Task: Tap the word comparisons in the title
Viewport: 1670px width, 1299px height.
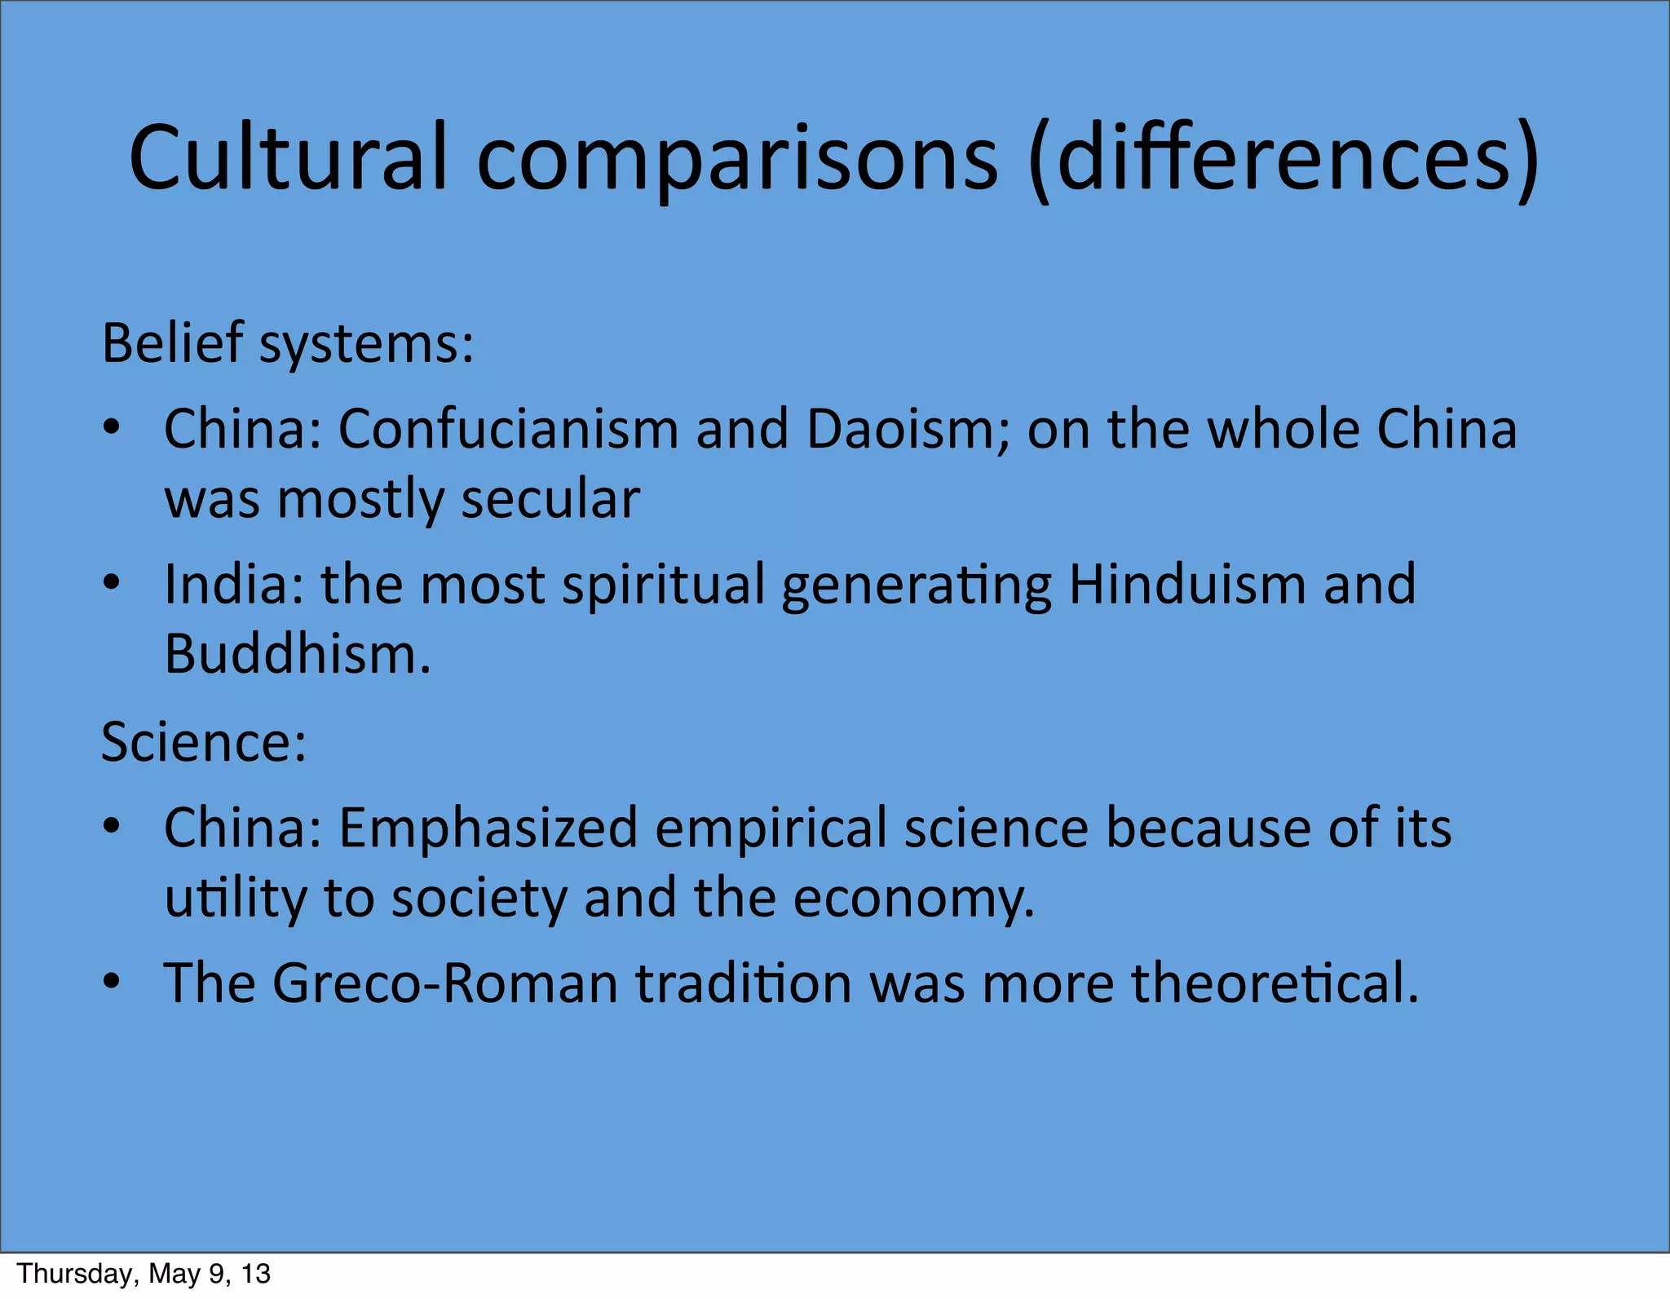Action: (x=736, y=159)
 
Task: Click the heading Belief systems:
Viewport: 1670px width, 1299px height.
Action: (x=288, y=344)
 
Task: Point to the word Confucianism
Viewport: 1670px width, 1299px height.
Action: (x=508, y=429)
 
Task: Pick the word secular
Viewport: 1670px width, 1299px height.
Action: (x=550, y=499)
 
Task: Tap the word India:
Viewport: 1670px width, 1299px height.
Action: (x=234, y=584)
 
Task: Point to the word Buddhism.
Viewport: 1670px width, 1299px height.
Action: (x=298, y=654)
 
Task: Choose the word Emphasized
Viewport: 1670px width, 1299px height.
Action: (x=488, y=828)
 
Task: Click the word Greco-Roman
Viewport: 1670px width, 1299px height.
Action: (x=445, y=983)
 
